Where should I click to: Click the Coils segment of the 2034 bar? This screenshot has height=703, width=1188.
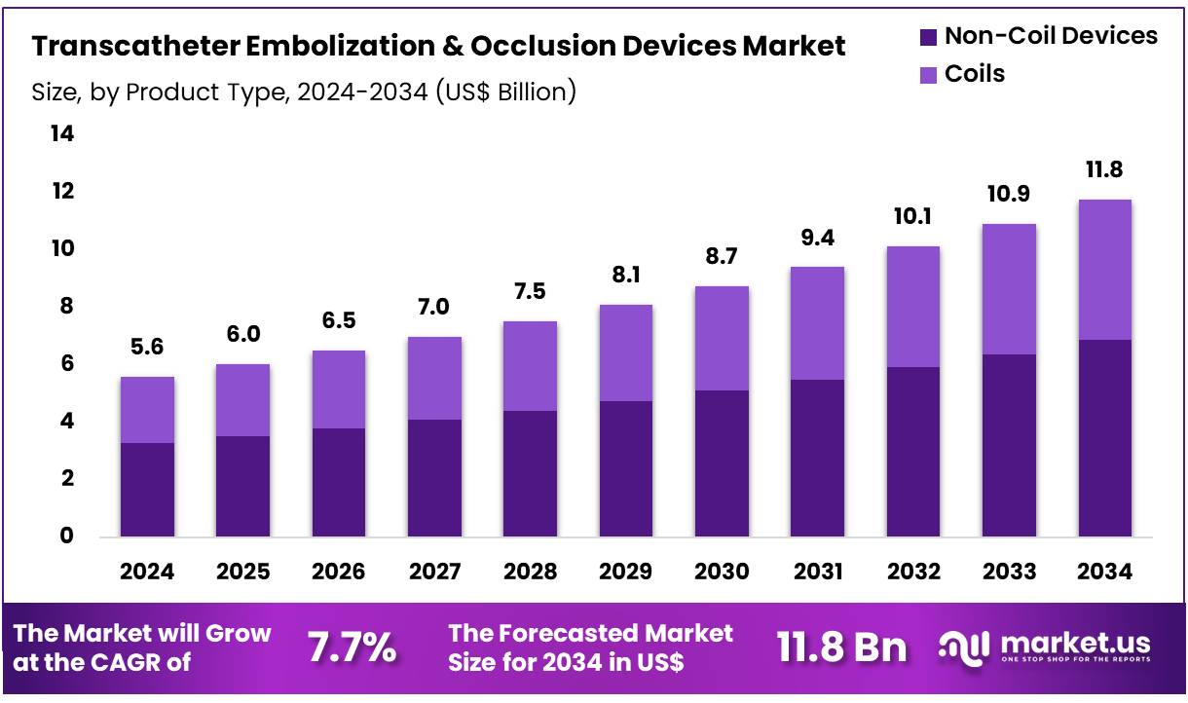[x=1104, y=270]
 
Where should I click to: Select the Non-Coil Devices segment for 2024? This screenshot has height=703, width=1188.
[x=147, y=489]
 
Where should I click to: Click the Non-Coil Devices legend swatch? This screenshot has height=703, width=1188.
[x=928, y=38]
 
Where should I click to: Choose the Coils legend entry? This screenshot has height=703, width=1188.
[x=974, y=74]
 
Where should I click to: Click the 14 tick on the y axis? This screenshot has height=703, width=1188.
[x=61, y=133]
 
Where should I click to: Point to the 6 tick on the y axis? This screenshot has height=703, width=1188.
[x=66, y=363]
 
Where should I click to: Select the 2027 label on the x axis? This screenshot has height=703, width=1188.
[x=434, y=572]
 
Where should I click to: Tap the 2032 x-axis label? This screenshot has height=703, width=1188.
[x=912, y=572]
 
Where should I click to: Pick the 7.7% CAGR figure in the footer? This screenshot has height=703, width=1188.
[x=352, y=647]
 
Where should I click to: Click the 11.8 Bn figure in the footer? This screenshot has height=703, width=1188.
[x=841, y=647]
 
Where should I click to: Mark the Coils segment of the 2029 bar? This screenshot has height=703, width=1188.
[x=626, y=352]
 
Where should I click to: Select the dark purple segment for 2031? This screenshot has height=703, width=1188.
[x=817, y=458]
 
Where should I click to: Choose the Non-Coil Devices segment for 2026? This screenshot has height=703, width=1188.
[x=339, y=482]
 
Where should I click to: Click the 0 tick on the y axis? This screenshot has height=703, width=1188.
[x=66, y=536]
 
